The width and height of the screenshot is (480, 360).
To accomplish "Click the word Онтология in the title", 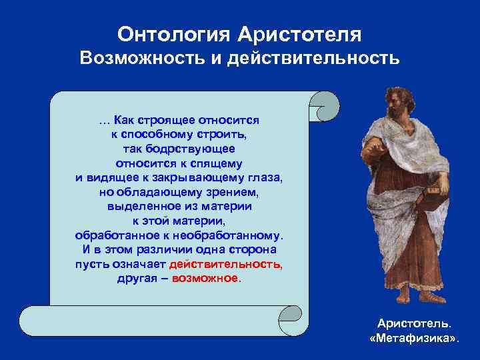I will coord(170,33).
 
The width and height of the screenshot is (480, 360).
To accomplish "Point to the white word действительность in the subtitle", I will coord(313,59).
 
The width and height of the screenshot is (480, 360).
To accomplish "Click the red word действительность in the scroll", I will coord(226,265).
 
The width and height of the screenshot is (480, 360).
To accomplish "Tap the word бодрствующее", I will coord(199,149).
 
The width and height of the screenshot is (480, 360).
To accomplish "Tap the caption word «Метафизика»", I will coord(414,339).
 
